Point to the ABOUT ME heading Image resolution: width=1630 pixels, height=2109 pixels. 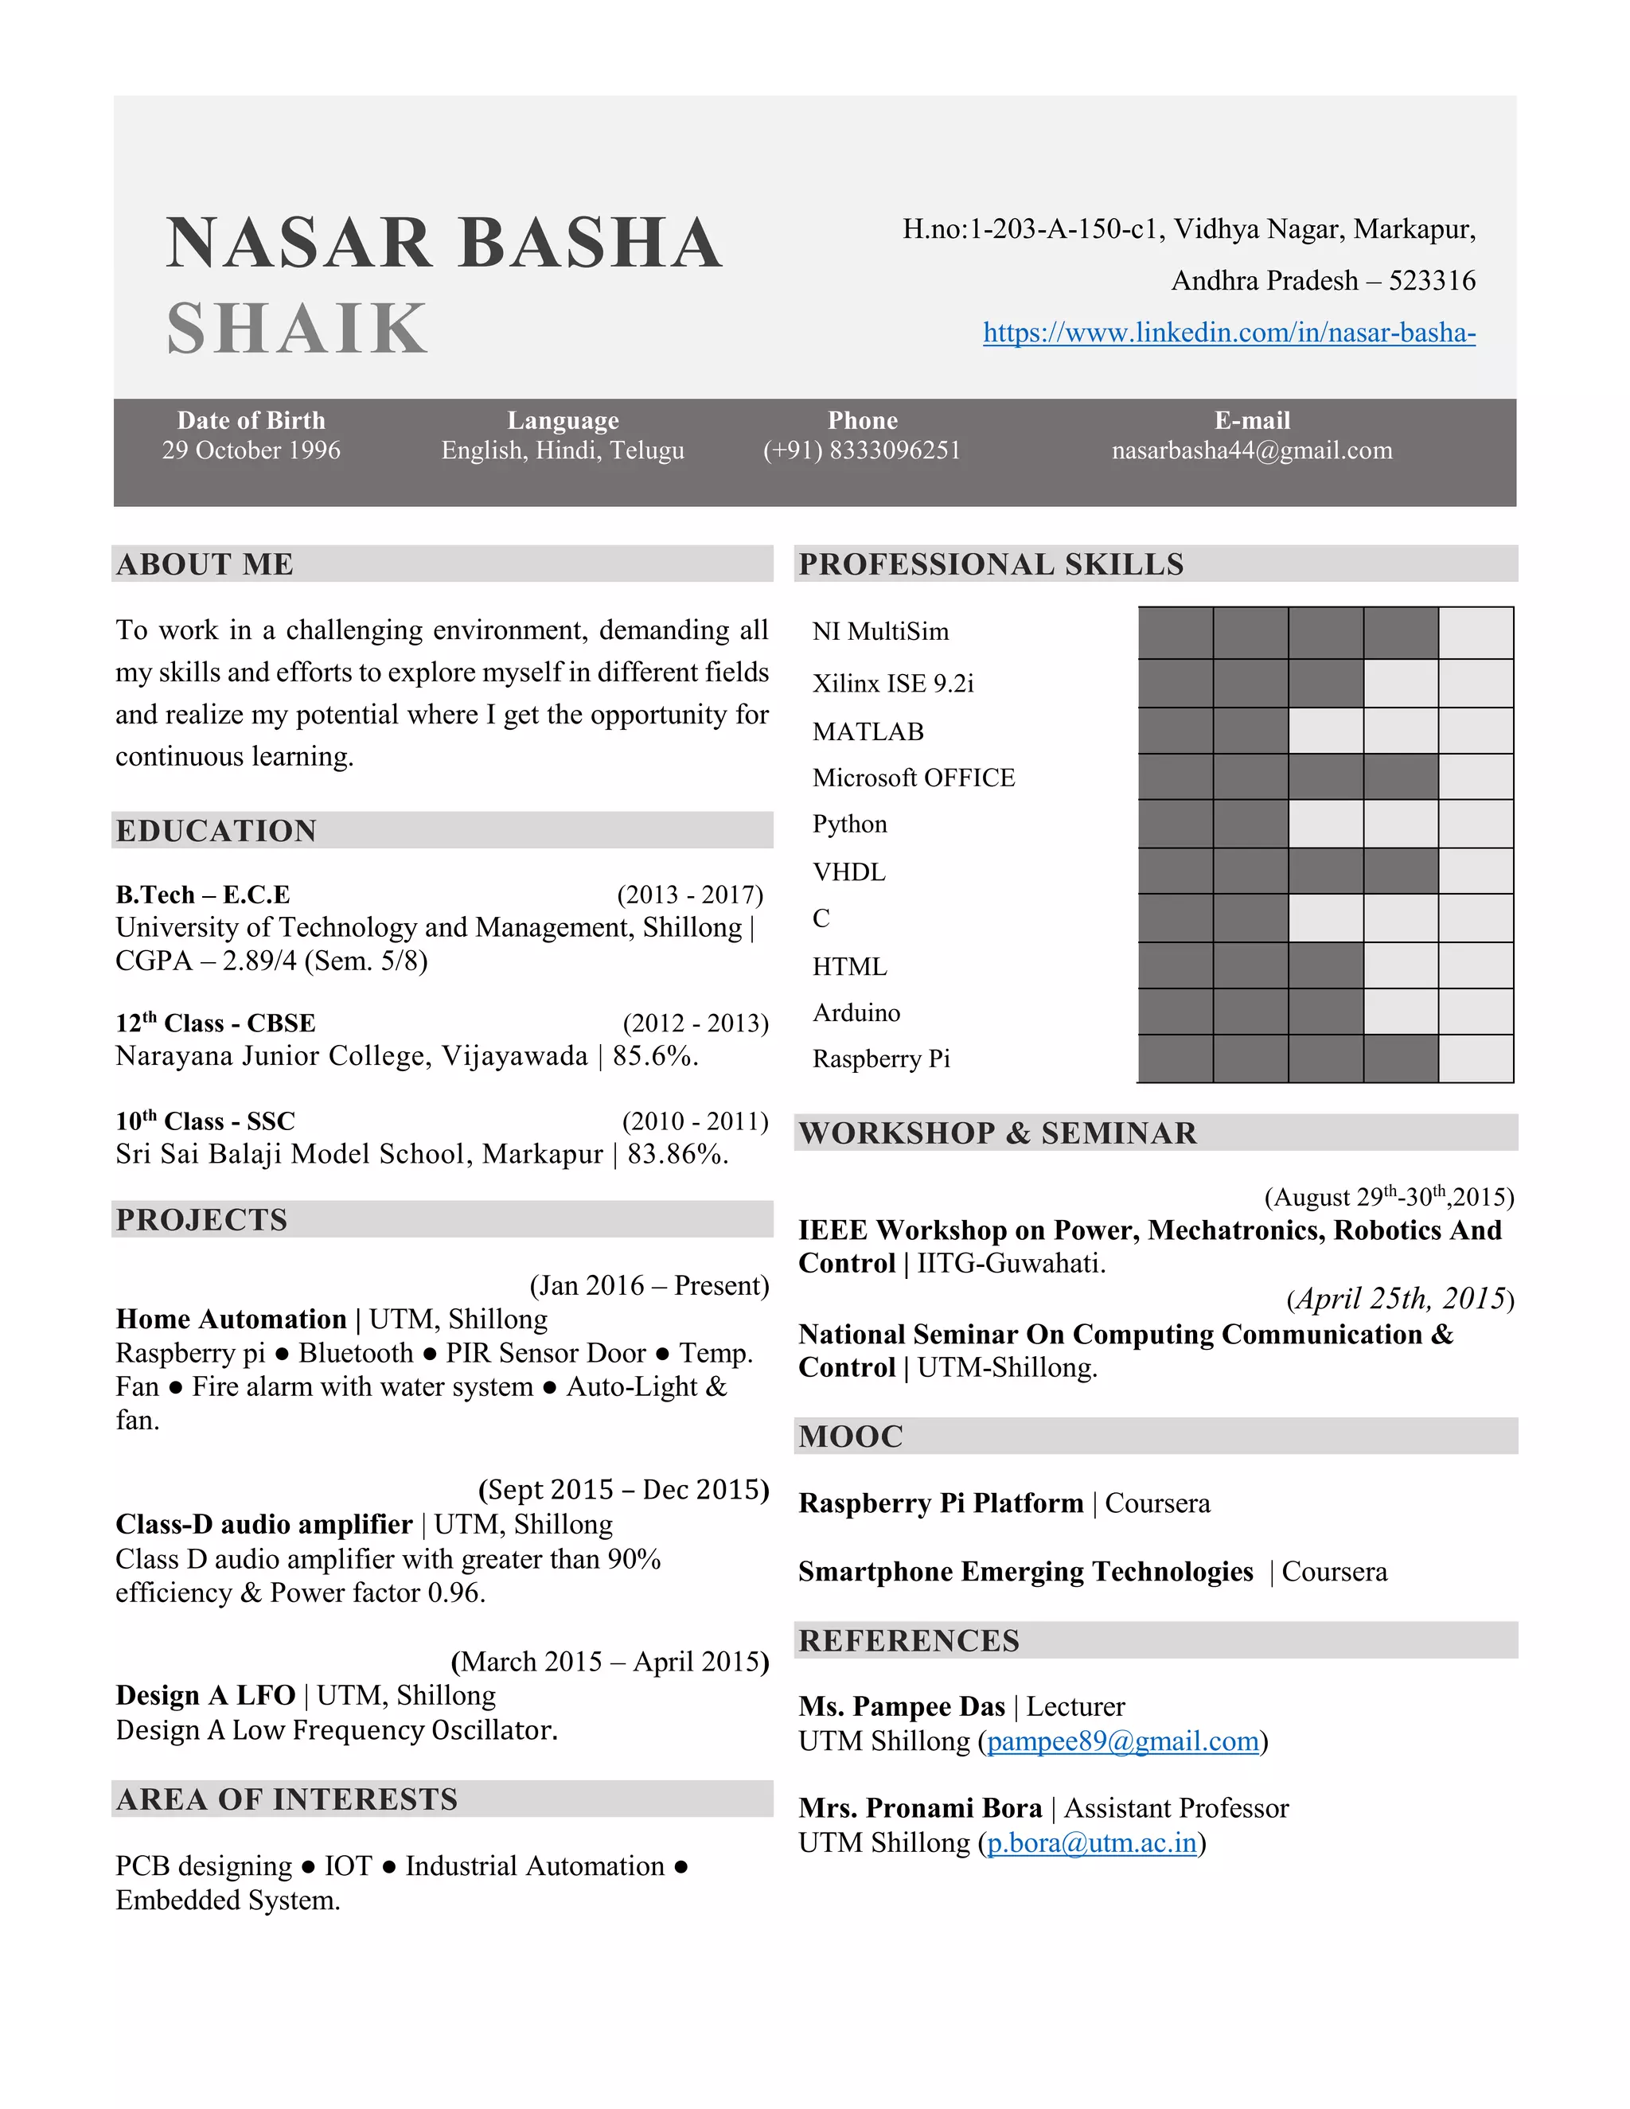tap(205, 564)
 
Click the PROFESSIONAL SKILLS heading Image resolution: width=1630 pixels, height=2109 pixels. tap(991, 564)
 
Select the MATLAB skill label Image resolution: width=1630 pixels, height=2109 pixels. tap(868, 732)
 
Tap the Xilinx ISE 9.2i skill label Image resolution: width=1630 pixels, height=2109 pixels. tap(893, 684)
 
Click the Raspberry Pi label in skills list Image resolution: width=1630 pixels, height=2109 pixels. tap(881, 1059)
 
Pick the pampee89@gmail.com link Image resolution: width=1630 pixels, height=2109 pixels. tap(1123, 1741)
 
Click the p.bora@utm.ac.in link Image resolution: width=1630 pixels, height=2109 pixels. tap(1091, 1842)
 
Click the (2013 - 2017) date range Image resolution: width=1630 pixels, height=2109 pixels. tap(689, 895)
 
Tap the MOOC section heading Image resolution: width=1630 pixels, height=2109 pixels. tap(851, 1436)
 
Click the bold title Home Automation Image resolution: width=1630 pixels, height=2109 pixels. tap(231, 1319)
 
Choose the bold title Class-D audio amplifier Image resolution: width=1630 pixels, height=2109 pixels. tap(263, 1524)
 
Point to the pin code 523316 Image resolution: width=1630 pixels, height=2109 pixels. tap(1432, 281)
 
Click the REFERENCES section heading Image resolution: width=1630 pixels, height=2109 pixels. tap(909, 1641)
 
